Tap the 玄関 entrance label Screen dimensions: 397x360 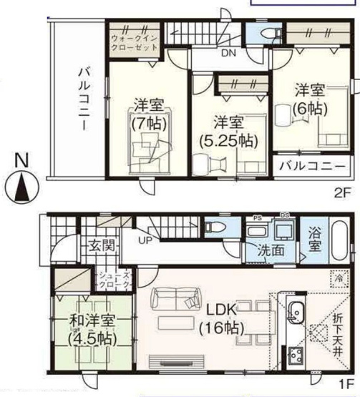click(x=99, y=245)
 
